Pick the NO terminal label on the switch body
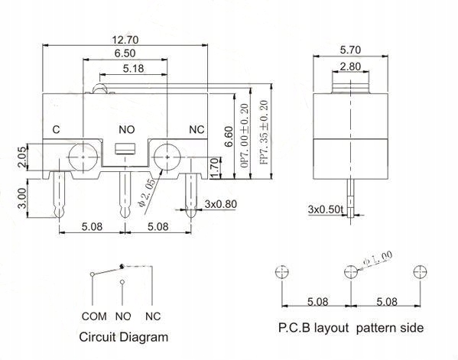[x=125, y=131]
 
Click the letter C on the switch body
[x=56, y=131]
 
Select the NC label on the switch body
[x=196, y=131]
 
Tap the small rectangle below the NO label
[x=125, y=148]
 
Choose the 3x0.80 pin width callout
[x=222, y=204]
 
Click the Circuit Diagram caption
[x=124, y=336]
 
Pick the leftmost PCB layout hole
[x=282, y=272]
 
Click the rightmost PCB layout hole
[x=418, y=272]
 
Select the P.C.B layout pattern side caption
[x=350, y=329]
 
